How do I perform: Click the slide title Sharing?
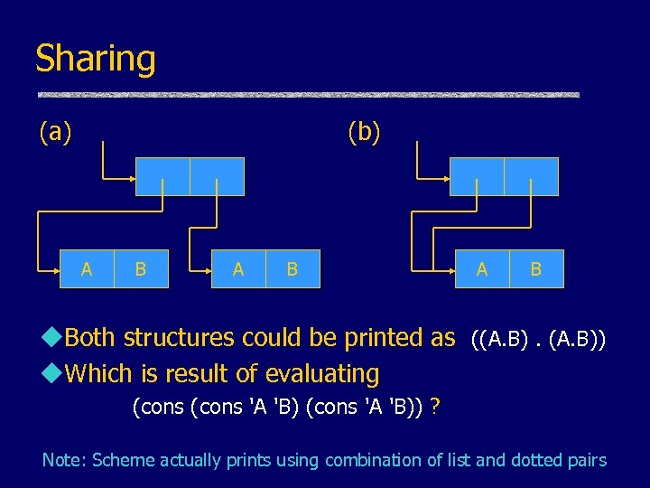click(95, 60)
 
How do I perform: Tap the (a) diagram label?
click(55, 133)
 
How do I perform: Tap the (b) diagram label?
click(365, 133)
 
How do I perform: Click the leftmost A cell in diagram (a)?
click(87, 268)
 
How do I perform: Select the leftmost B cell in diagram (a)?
click(141, 268)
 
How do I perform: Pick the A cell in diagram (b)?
click(482, 268)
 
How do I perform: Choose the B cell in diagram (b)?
click(536, 268)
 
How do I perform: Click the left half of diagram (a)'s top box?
click(162, 176)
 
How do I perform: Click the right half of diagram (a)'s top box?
click(217, 176)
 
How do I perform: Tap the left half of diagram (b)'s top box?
click(477, 176)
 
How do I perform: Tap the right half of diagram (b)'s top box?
click(531, 176)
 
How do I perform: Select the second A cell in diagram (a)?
click(238, 268)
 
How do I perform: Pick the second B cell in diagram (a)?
click(292, 268)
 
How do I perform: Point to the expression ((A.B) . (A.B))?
click(538, 340)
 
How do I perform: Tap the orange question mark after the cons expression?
click(436, 407)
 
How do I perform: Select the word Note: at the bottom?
click(64, 460)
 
